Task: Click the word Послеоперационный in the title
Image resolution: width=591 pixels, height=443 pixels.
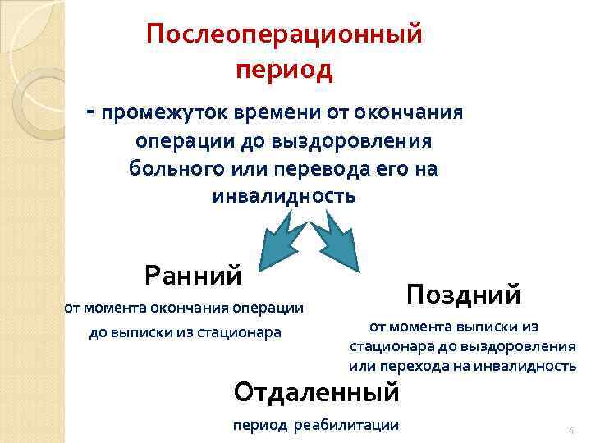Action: coord(284,35)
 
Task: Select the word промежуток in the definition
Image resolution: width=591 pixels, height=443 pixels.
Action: coord(158,112)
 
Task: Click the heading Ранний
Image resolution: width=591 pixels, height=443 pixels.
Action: coord(193,274)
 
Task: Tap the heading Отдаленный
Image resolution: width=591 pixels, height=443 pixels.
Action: coord(316,391)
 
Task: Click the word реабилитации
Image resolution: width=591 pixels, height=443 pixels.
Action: coord(349,424)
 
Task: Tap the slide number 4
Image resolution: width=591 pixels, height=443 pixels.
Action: coord(570,431)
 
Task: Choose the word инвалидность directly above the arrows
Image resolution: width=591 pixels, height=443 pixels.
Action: coord(284,196)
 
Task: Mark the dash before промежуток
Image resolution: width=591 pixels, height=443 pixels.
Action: coord(89,110)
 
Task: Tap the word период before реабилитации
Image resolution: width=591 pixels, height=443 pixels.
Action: coord(260,424)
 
